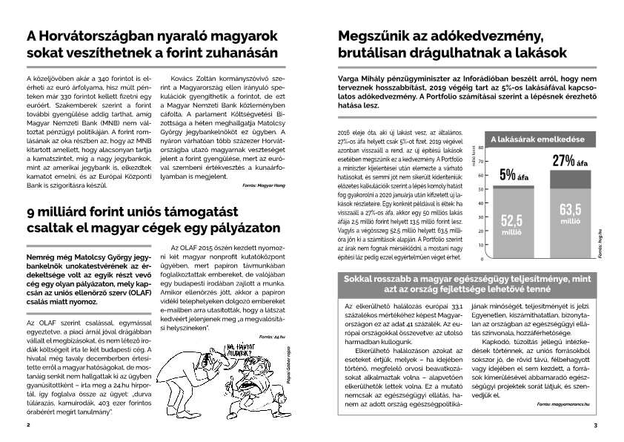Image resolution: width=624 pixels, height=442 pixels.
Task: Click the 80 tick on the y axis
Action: pos(481,148)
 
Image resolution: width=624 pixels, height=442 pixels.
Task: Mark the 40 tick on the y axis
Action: pos(481,203)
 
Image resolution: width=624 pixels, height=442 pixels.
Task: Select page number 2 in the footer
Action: pos(27,426)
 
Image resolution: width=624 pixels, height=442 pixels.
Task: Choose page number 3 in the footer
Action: pos(595,426)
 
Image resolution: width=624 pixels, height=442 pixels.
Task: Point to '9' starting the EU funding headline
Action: pos(31,210)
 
